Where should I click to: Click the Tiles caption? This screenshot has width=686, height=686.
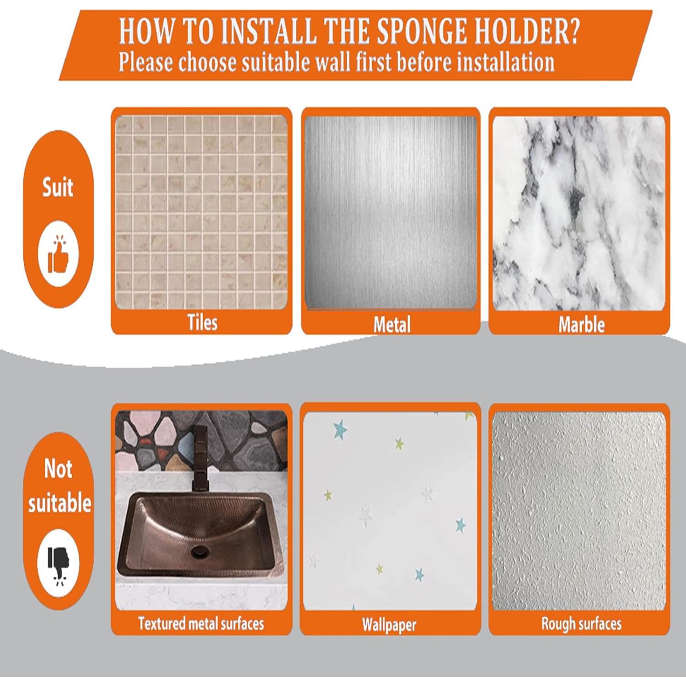click(202, 322)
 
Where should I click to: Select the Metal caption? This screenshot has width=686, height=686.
click(392, 325)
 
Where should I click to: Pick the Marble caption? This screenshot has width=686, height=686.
click(581, 325)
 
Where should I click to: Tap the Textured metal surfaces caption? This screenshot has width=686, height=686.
click(201, 623)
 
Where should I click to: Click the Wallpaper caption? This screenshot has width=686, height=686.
click(389, 625)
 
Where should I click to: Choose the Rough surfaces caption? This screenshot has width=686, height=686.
click(581, 623)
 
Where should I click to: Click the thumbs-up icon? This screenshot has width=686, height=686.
click(58, 254)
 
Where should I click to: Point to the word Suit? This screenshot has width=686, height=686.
click(58, 188)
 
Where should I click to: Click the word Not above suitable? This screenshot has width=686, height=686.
click(58, 468)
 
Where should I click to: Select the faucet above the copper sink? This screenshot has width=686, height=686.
click(200, 458)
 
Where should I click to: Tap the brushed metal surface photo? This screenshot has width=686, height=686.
click(391, 213)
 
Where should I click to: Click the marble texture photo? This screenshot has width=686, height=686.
click(579, 213)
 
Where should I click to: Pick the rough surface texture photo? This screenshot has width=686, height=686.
click(579, 511)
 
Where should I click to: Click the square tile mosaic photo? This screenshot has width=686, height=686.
click(202, 212)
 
